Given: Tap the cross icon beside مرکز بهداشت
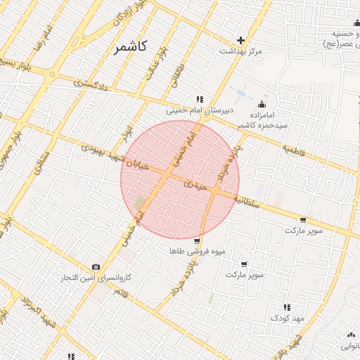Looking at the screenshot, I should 240,40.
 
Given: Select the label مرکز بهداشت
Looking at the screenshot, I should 240,51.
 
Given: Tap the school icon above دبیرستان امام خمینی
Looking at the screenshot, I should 200,99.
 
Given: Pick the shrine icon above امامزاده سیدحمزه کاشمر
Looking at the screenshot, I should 262,104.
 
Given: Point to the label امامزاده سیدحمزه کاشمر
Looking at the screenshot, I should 259,119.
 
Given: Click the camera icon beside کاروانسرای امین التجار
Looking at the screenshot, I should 96,267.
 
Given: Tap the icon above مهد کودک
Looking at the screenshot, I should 287,307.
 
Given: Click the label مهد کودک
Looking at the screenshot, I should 287,319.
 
